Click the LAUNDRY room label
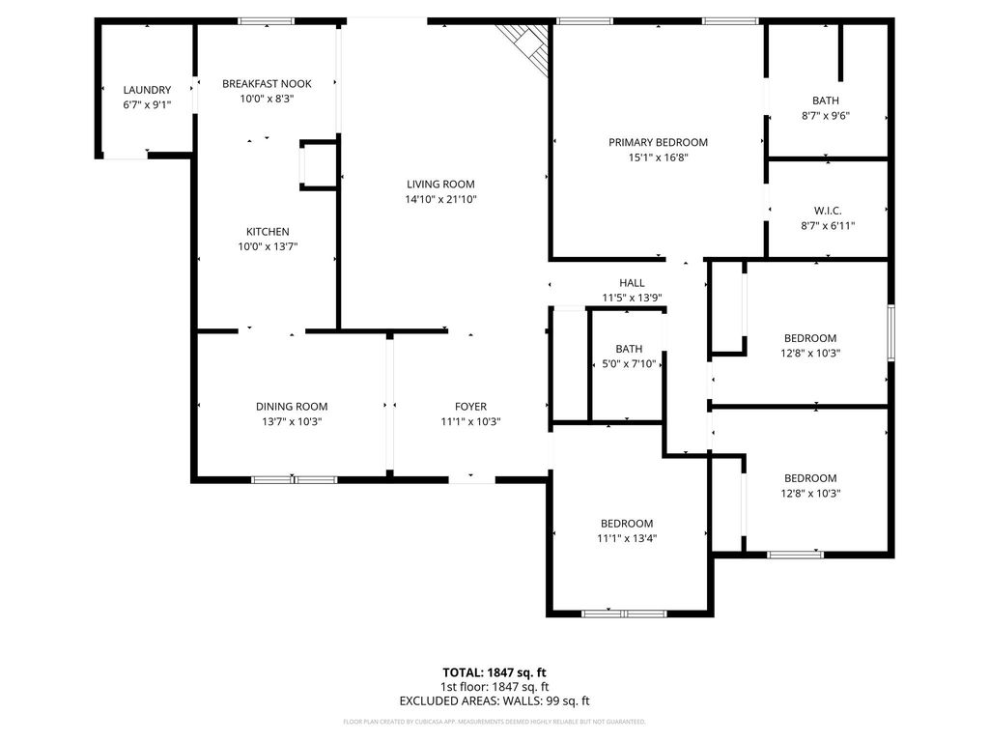tap(147, 90)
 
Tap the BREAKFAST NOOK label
tap(267, 84)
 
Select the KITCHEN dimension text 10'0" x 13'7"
tap(268, 246)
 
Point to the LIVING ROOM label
tap(440, 185)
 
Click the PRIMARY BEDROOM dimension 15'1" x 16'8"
tap(658, 157)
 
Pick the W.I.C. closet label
tap(828, 211)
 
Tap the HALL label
tap(632, 283)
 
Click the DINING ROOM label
tap(292, 407)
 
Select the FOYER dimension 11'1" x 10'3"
tap(470, 422)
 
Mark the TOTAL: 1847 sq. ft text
tap(494, 672)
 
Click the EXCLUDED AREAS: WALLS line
tap(494, 701)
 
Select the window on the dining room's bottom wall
tap(294, 480)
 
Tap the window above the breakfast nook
tap(267, 21)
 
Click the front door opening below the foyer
tap(471, 480)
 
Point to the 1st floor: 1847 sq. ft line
tap(494, 687)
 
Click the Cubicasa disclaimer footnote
tap(494, 722)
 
